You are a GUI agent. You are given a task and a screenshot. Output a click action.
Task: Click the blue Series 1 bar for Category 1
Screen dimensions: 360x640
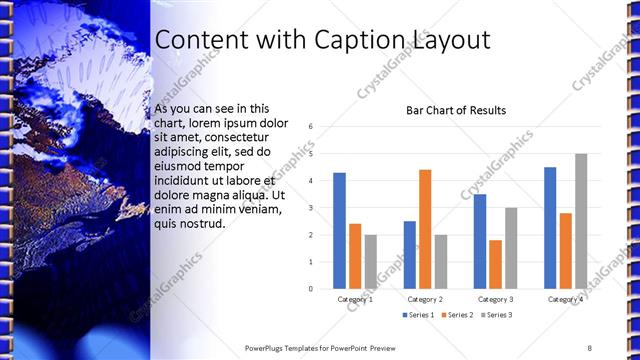point(339,231)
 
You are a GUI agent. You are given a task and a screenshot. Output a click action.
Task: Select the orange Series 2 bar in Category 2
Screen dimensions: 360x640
point(425,229)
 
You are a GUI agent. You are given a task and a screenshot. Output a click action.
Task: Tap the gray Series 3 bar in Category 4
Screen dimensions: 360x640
point(581,221)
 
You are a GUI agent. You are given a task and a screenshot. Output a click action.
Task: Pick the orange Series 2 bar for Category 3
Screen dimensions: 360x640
point(496,264)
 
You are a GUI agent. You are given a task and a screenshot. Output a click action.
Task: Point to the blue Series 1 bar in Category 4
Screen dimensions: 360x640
point(550,228)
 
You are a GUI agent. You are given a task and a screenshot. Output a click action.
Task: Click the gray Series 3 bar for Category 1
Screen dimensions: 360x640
point(371,262)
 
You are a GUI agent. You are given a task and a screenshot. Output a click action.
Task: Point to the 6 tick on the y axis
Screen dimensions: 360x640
point(312,127)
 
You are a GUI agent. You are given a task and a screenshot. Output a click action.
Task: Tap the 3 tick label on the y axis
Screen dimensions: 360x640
point(312,208)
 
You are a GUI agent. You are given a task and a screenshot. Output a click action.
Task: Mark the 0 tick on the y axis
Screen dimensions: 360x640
point(312,289)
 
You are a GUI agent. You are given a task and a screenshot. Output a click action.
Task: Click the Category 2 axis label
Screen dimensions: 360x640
point(425,299)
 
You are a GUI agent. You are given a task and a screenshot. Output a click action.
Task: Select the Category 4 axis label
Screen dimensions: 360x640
point(566,299)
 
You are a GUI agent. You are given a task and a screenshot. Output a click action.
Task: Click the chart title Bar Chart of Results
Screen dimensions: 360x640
point(455,110)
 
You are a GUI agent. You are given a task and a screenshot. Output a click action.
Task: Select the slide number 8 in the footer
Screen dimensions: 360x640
point(590,348)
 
